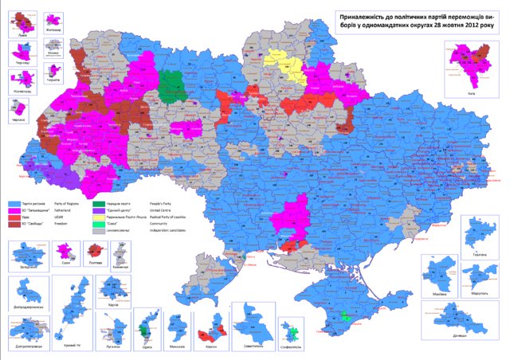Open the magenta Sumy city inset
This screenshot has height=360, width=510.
(60, 254)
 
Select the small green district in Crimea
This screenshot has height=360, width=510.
(344, 316)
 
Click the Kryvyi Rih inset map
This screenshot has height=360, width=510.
(78, 295)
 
